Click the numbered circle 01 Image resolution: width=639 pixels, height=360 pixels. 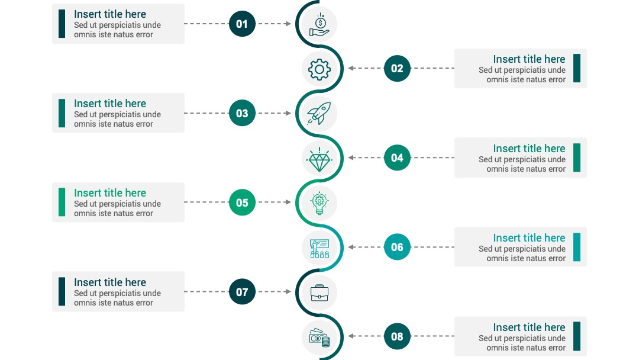pos(242,24)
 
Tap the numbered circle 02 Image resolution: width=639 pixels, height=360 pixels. pos(397,68)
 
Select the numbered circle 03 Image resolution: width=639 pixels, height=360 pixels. pos(242,113)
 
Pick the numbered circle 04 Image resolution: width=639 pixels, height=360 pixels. pos(397,157)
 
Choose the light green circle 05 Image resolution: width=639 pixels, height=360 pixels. pos(242,202)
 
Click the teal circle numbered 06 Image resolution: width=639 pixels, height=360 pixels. pos(397,247)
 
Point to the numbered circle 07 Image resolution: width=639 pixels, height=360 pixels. pos(242,291)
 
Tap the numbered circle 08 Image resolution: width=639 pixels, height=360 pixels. pos(397,336)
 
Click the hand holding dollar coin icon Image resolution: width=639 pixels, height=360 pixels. pos(319,25)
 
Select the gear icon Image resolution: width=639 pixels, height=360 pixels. pos(319,69)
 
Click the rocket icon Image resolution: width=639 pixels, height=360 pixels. pos(319,113)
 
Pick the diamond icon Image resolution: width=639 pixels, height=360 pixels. pos(319,159)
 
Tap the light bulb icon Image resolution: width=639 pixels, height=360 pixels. pos(319,203)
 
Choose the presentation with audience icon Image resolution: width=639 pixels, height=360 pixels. pos(319,249)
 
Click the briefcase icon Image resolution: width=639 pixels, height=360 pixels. pos(319,292)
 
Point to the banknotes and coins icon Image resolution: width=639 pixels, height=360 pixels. pos(319,337)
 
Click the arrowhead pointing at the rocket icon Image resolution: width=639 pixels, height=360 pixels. pos(288,113)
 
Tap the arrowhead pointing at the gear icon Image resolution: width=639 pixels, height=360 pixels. pos(351,68)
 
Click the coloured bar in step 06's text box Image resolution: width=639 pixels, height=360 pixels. pos(577,247)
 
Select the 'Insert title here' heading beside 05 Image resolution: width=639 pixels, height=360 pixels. pos(110,193)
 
